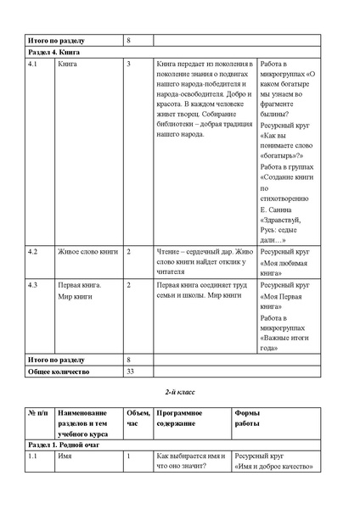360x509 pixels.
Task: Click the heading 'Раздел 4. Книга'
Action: tap(57, 53)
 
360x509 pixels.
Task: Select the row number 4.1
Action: tap(33, 64)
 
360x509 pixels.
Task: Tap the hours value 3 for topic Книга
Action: tap(127, 64)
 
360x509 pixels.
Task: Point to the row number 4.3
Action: tap(33, 285)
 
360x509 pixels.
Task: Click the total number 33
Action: tap(130, 372)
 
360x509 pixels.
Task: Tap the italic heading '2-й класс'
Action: tap(179, 396)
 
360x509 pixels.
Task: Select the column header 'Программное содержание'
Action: tap(179, 417)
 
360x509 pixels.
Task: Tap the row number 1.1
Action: tap(33, 456)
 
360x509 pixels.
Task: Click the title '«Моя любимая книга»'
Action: tap(283, 269)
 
